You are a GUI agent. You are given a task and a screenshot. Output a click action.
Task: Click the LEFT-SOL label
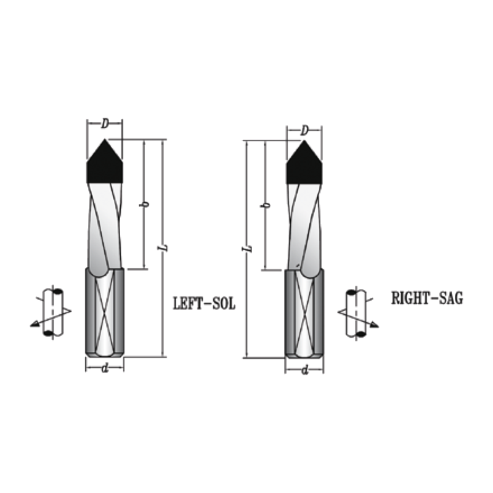tap(205, 303)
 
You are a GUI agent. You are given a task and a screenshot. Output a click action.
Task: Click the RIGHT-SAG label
tap(427, 298)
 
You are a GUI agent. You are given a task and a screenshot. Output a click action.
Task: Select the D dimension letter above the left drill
tap(105, 124)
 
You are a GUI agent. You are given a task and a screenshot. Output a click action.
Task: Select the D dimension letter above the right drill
tap(304, 131)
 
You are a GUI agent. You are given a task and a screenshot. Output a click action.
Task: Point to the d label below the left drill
tap(105, 367)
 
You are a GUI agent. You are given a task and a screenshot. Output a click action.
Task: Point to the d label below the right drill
tap(304, 370)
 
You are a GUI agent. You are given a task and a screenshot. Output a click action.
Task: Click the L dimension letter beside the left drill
tap(163, 248)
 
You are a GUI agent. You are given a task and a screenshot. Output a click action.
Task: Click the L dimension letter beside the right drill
tap(247, 248)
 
